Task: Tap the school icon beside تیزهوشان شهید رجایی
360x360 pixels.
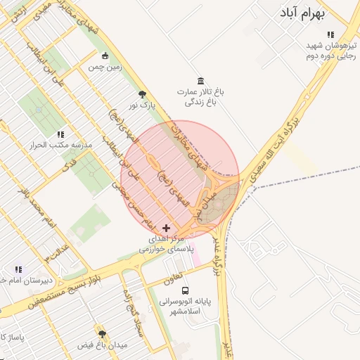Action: click(x=330, y=34)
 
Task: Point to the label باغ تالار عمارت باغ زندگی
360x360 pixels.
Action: click(x=199, y=97)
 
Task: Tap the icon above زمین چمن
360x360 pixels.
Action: click(x=105, y=56)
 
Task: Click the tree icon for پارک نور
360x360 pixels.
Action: click(x=143, y=94)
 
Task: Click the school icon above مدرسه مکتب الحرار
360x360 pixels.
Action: click(x=60, y=134)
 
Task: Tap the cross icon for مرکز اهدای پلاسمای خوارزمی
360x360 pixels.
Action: click(x=166, y=228)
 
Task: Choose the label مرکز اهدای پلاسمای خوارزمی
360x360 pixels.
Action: click(x=167, y=244)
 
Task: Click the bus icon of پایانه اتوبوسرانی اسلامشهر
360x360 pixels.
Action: click(x=185, y=290)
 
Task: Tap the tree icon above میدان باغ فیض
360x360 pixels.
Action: click(x=102, y=334)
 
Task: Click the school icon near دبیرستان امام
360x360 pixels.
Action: click(x=18, y=269)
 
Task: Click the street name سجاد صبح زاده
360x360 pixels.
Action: click(x=134, y=310)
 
